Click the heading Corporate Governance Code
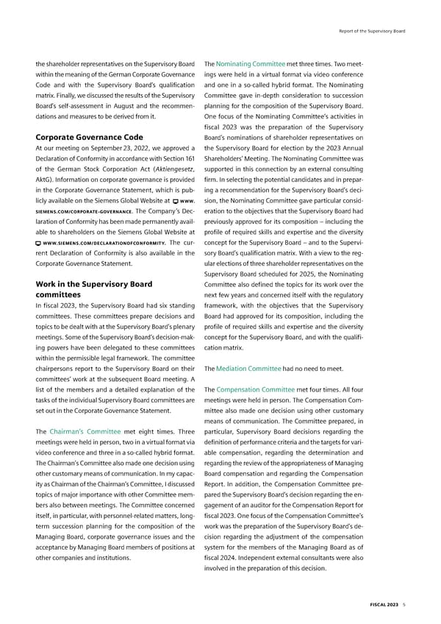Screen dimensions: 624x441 (89, 137)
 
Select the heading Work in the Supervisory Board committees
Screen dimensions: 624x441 (93, 291)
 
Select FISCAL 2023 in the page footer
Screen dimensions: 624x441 (384, 605)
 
